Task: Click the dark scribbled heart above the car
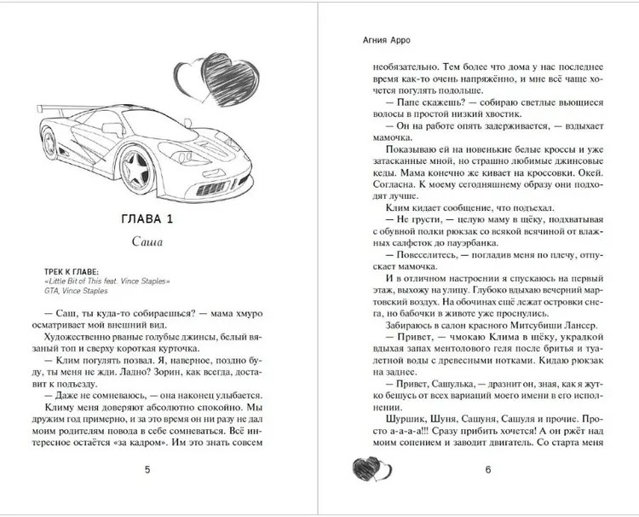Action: [230, 83]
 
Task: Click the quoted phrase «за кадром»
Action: [166, 443]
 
